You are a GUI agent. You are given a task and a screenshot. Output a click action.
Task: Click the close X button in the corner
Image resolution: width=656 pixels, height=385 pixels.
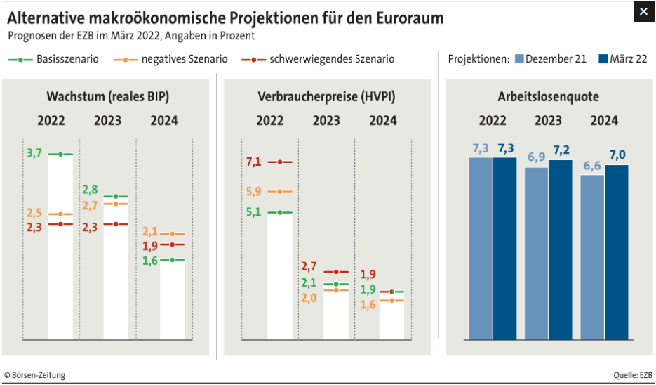click(x=643, y=11)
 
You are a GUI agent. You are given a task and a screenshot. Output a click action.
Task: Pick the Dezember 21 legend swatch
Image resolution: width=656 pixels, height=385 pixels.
click(x=519, y=59)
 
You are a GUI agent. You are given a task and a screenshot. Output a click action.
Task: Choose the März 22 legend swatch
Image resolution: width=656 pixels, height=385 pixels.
click(x=604, y=59)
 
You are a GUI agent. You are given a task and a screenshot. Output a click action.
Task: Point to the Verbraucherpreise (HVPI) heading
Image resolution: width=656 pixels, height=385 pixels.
click(x=326, y=97)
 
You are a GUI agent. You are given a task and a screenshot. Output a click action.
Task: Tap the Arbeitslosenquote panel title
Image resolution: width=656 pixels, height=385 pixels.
click(x=548, y=97)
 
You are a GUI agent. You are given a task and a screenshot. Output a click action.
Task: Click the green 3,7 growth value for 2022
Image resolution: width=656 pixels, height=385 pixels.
click(x=34, y=153)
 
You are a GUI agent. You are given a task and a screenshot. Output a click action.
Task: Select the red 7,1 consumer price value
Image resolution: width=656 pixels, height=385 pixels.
click(x=253, y=162)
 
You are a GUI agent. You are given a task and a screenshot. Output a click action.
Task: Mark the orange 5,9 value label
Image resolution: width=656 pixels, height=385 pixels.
click(x=253, y=191)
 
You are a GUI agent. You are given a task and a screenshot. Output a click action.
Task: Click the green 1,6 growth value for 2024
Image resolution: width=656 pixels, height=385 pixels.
click(x=150, y=260)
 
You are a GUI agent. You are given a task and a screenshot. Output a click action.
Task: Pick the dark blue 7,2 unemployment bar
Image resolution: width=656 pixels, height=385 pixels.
click(x=561, y=249)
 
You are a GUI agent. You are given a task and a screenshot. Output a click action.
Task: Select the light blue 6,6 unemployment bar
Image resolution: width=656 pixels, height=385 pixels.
click(x=592, y=256)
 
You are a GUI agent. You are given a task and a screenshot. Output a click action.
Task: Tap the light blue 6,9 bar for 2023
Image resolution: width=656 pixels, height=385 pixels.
click(x=536, y=253)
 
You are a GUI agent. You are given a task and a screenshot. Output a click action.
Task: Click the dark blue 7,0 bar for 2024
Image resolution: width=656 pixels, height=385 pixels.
click(x=617, y=252)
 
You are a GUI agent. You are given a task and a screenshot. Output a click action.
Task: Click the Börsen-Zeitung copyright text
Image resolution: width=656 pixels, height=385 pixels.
click(x=34, y=375)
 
